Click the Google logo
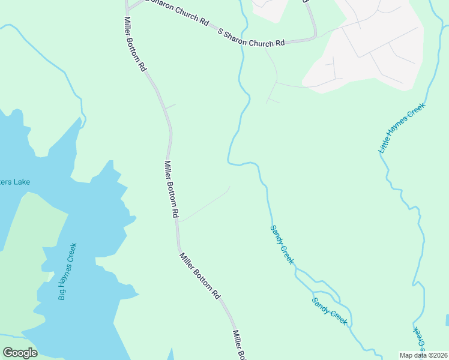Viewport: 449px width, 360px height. (x=20, y=353)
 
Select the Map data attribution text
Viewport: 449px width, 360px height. (x=423, y=355)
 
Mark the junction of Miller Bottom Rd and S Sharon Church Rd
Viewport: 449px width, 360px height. (x=127, y=10)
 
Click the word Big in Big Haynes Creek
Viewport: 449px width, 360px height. (x=61, y=294)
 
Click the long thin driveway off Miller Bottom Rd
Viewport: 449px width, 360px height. (x=205, y=205)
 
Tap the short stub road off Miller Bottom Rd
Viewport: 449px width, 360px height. (x=170, y=106)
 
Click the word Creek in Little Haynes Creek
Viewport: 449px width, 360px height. (x=417, y=112)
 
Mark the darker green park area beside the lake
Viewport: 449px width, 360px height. (x=30, y=240)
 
